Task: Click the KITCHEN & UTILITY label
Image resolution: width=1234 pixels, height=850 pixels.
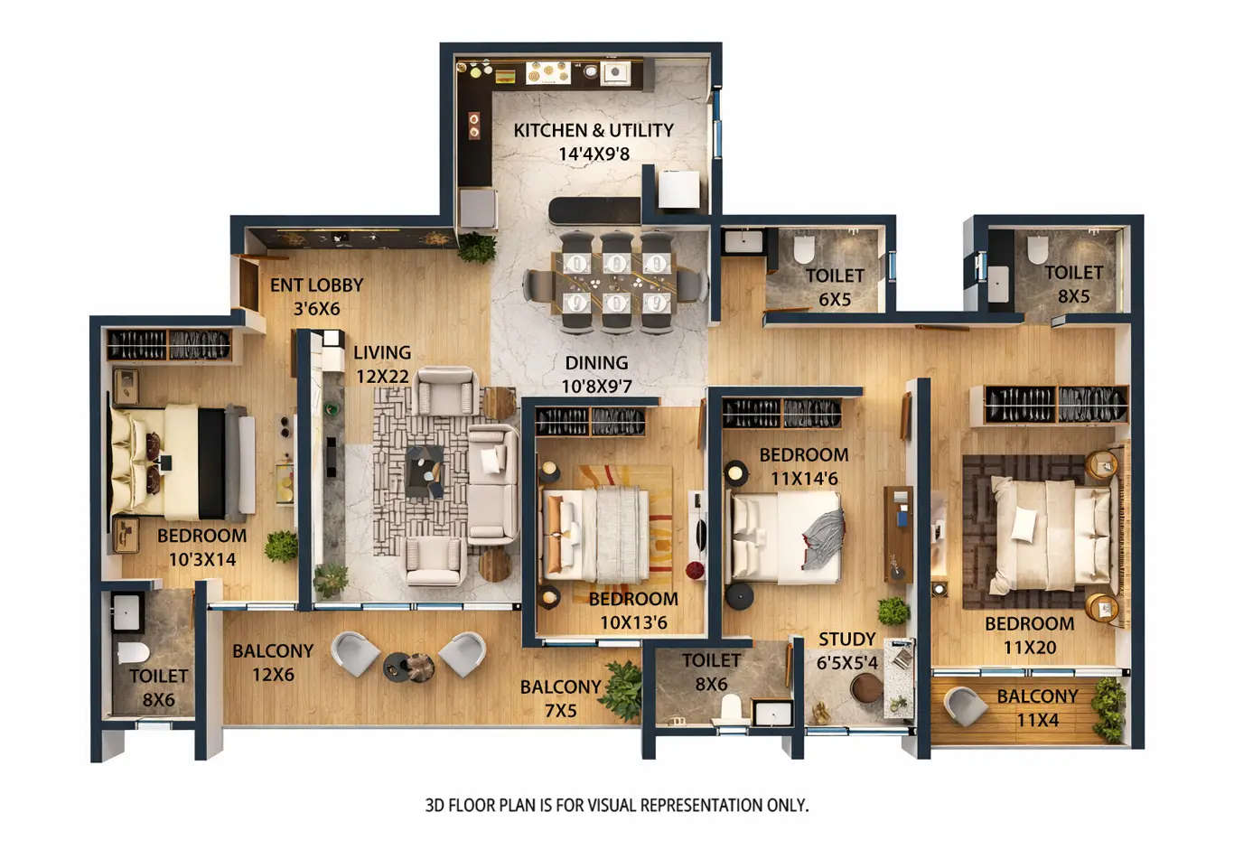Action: [x=593, y=130]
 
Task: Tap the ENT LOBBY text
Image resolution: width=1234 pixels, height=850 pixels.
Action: [x=316, y=285]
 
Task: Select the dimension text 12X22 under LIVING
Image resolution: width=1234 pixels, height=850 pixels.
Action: [x=382, y=376]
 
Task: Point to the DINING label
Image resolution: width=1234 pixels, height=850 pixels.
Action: [x=596, y=363]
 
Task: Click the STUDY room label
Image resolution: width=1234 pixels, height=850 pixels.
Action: [x=846, y=640]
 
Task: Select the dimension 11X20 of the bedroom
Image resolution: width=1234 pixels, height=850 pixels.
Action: [x=1029, y=648]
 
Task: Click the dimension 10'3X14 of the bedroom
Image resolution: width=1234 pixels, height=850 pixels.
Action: [x=202, y=560]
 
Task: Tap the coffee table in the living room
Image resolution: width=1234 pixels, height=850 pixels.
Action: [x=424, y=471]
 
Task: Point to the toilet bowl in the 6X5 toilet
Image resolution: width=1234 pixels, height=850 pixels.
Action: [x=803, y=248]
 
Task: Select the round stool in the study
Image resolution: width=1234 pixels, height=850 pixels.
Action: [x=865, y=688]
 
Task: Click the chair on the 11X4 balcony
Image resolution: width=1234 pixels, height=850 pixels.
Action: [x=965, y=705]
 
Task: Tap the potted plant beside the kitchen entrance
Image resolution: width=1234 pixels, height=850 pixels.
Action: [x=476, y=247]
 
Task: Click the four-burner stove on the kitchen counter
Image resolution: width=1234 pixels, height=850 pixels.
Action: [x=547, y=72]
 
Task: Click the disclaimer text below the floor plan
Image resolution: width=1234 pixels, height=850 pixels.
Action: [x=616, y=805]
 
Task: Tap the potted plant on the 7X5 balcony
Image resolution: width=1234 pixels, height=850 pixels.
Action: [x=622, y=690]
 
